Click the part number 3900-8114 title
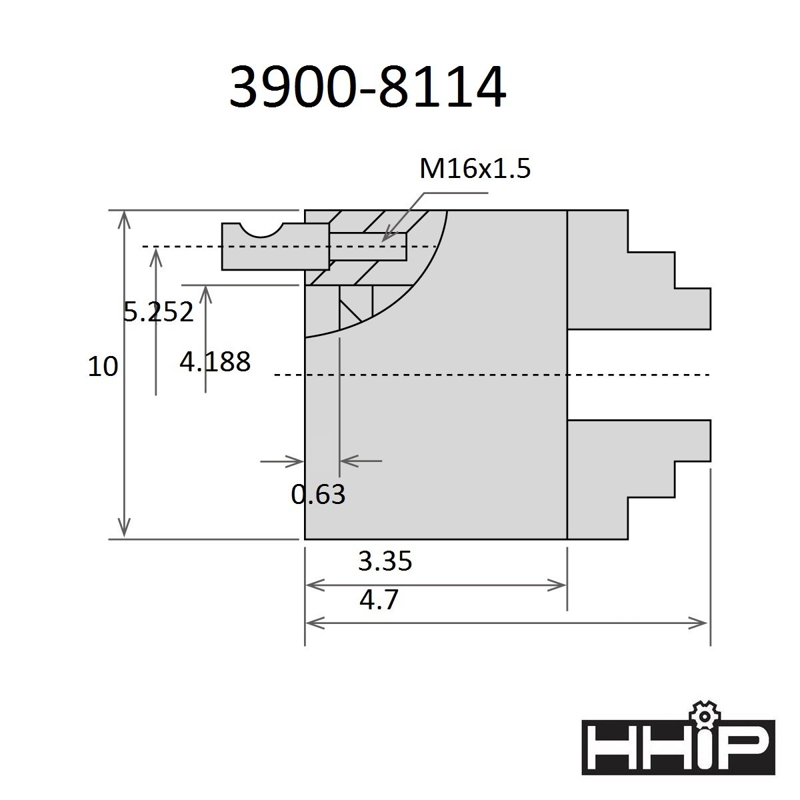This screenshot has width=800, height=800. coord(367,87)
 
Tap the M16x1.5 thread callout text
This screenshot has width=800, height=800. coord(475,169)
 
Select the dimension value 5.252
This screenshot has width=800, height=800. coord(159,312)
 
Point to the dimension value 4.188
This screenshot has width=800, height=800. coord(215,361)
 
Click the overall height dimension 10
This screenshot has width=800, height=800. coord(103,367)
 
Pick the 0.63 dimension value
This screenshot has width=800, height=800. coord(319,494)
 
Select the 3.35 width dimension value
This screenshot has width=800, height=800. coord(385,561)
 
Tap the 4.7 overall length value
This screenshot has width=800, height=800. coord(379,599)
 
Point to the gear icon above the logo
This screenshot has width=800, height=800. coord(704,716)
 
